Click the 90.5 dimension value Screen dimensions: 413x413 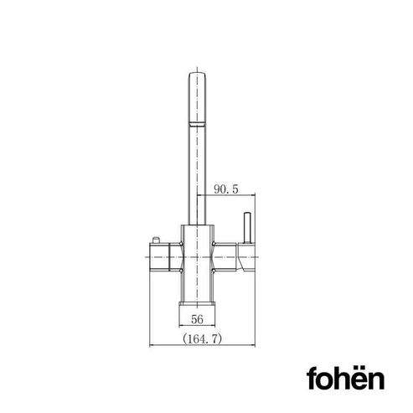coord(226,189)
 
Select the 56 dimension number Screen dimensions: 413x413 coord(197,319)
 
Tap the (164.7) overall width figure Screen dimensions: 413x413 coord(203,339)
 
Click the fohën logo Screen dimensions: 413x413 coord(345,378)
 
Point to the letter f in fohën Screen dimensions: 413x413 coord(312,378)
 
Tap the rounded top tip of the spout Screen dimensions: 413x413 coord(197,75)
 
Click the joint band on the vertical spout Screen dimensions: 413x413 coord(197,125)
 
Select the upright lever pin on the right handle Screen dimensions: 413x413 coord(247,228)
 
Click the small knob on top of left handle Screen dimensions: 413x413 coord(156,240)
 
